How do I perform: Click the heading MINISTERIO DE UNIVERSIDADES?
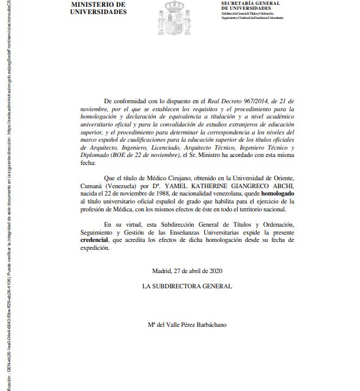tap(90, 8)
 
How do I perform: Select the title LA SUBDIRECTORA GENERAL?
tap(187, 286)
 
